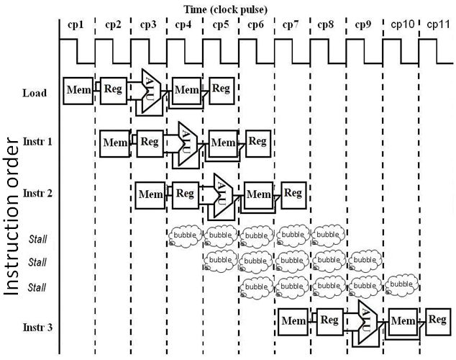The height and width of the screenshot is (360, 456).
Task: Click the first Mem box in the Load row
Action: point(78,89)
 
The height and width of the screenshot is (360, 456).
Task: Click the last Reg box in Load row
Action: point(221,89)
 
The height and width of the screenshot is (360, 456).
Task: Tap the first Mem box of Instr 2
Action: point(150,194)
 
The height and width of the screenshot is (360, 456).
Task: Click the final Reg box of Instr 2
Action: point(293,192)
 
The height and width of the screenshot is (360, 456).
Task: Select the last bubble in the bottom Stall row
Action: point(402,286)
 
